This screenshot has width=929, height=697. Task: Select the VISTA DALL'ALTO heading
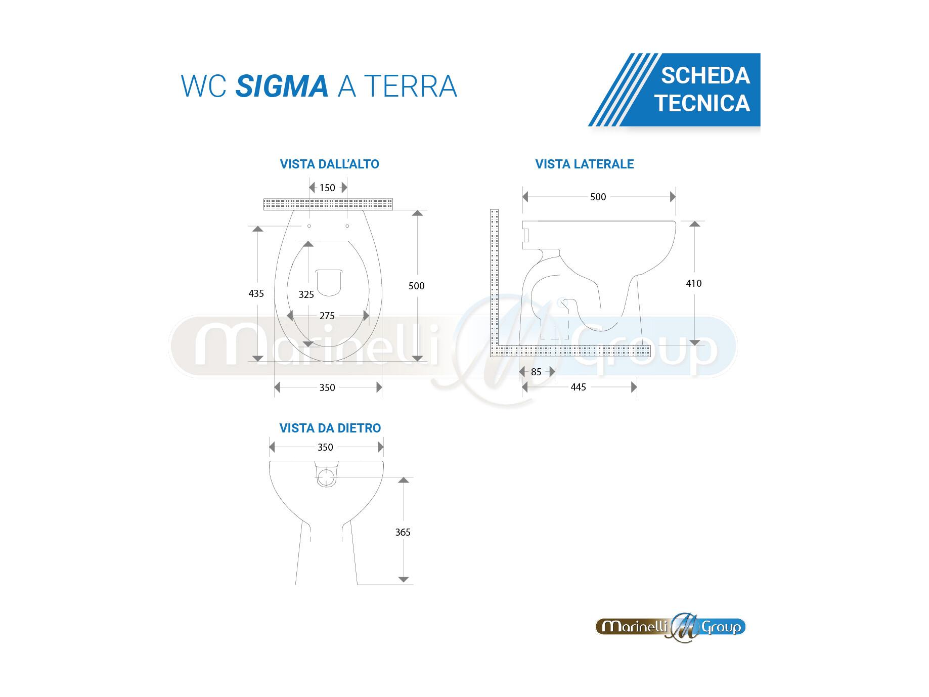tap(330, 164)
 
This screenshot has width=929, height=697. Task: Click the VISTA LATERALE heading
tap(585, 164)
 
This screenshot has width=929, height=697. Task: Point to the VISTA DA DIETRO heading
tap(330, 428)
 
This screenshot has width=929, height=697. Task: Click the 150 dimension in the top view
tap(327, 188)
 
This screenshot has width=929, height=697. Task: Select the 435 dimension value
tap(256, 293)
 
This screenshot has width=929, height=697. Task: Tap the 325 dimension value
tap(306, 294)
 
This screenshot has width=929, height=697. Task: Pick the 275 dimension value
tap(327, 316)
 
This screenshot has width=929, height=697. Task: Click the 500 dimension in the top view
tap(417, 286)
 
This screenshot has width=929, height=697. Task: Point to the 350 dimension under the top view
tap(327, 387)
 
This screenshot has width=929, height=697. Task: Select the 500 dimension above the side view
tap(598, 197)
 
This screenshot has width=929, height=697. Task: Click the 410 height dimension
tap(694, 283)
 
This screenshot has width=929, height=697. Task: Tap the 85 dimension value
tap(537, 372)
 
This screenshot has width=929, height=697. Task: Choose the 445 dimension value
tap(579, 387)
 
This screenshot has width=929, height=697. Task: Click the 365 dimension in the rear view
tap(403, 532)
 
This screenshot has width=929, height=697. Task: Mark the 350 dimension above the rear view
tap(325, 447)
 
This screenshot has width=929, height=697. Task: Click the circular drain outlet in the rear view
tap(327, 477)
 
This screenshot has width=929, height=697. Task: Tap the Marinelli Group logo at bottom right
tap(671, 628)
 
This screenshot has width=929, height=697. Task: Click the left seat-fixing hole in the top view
tap(309, 226)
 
